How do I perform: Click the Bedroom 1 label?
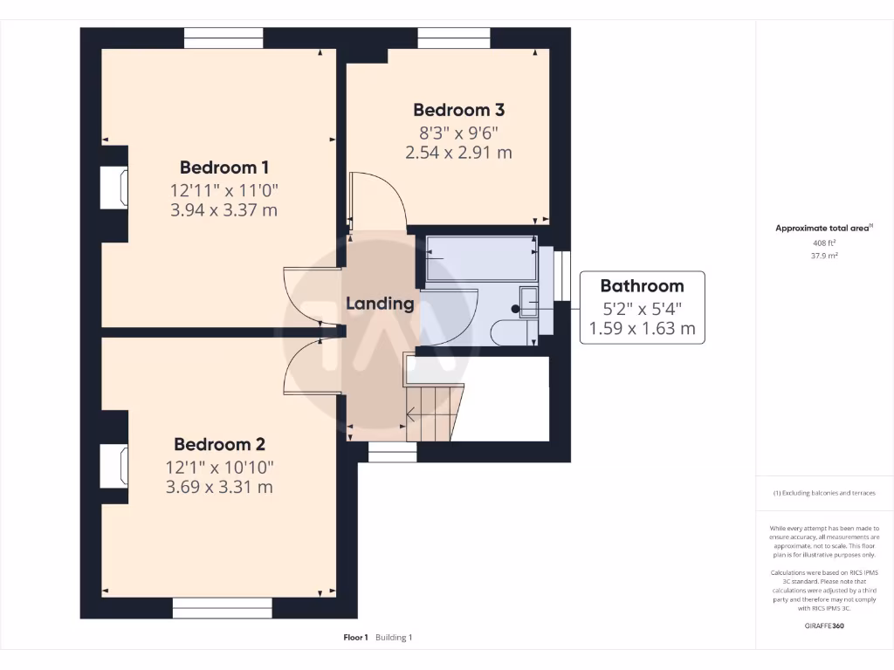[224, 167]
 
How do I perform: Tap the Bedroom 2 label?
[219, 444]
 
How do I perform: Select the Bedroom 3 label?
[459, 110]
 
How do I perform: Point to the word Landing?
[380, 304]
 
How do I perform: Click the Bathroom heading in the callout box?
[642, 286]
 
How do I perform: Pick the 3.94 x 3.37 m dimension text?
[224, 210]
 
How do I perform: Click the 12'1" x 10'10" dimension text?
[219, 468]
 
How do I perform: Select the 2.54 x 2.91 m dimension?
[459, 153]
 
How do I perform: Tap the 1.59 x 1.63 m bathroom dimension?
[642, 329]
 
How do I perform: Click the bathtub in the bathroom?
[482, 258]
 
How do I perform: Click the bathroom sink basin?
[528, 302]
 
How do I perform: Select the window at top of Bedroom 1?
[223, 38]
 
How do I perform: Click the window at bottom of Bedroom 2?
[223, 608]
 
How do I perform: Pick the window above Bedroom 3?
[454, 38]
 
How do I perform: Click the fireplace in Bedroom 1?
[114, 187]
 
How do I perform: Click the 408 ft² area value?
[824, 243]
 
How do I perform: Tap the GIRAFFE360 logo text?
[824, 626]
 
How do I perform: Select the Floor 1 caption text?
[356, 638]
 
